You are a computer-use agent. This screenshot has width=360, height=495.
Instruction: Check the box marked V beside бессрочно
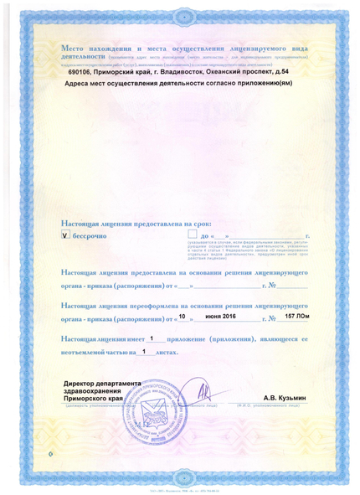66,237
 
